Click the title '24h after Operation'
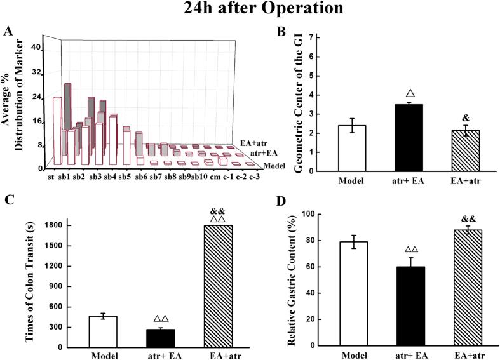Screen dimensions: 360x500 tap(250, 10)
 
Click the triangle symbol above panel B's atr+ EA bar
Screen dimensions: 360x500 tap(356, 93)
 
